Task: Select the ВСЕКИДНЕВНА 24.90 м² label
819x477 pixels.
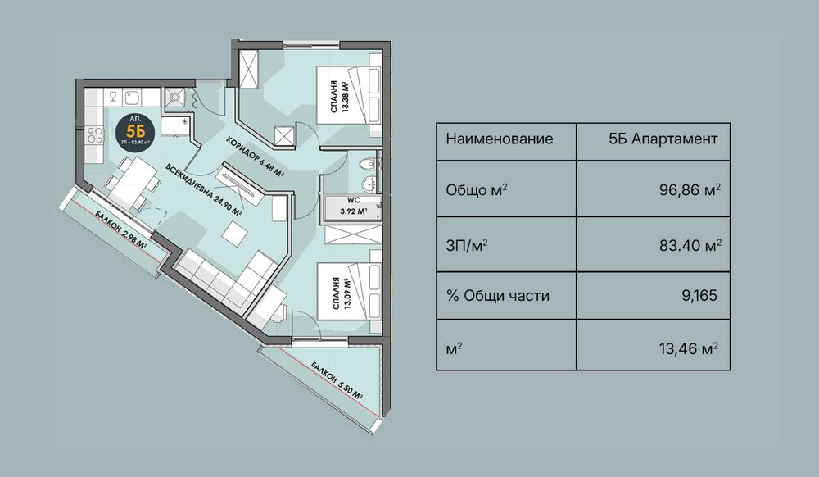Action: [204, 189]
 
